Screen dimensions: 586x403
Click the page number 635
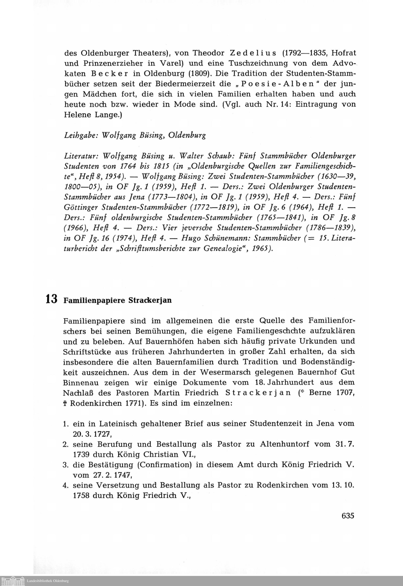click(x=348, y=515)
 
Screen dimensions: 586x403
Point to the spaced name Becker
click(x=114, y=74)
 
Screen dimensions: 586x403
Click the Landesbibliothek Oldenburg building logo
click(x=13, y=581)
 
